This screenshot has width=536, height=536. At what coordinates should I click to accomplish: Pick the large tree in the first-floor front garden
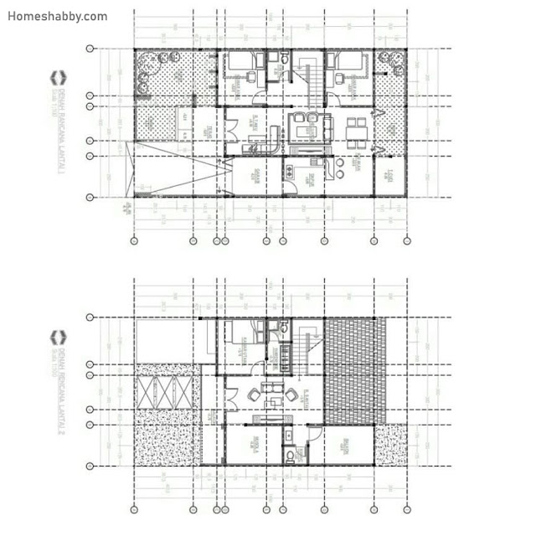154,62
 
